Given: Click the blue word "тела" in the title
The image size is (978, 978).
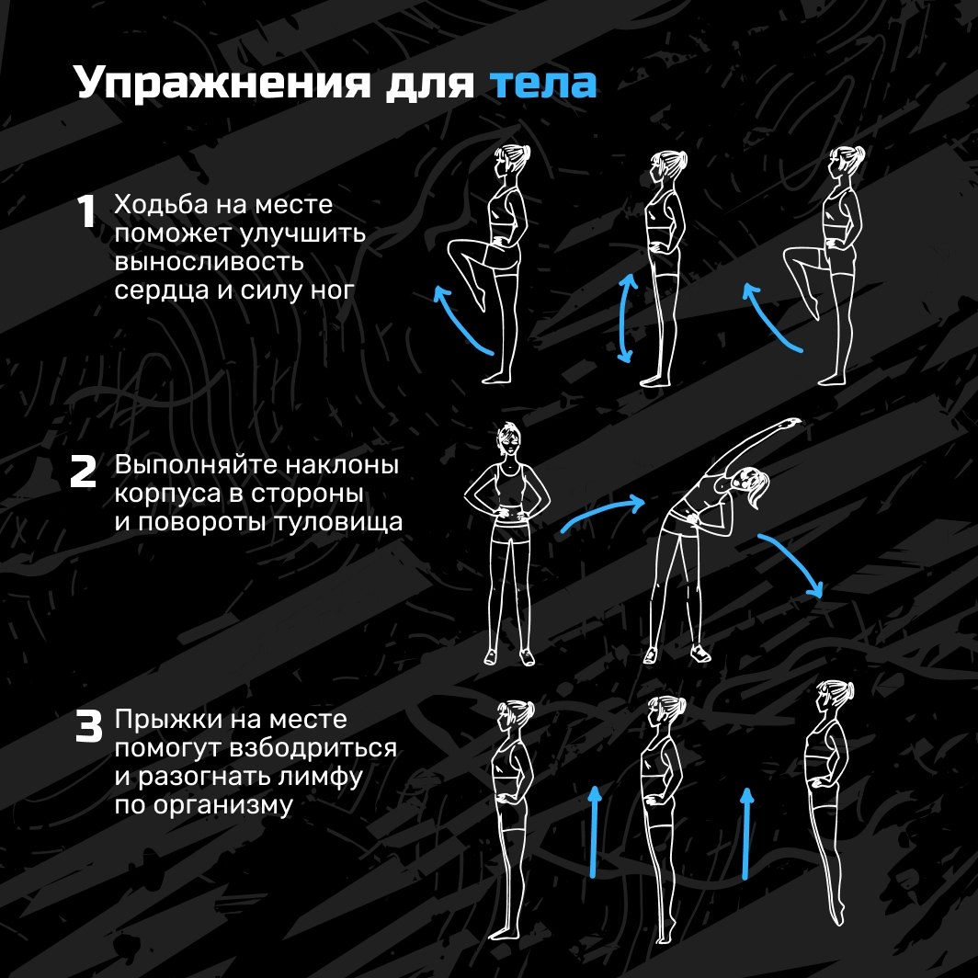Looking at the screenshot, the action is [x=542, y=83].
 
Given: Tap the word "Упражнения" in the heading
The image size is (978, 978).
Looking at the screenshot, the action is [x=222, y=83].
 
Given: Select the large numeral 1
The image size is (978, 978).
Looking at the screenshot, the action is [x=86, y=211].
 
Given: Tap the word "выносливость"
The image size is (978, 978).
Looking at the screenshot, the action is [x=209, y=262].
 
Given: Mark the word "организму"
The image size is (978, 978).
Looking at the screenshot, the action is [x=222, y=806].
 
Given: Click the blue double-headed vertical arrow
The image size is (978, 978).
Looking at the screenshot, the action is [x=626, y=318].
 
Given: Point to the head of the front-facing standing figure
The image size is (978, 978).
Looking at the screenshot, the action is [x=508, y=439].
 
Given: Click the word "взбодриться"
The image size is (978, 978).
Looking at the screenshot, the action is [x=313, y=748].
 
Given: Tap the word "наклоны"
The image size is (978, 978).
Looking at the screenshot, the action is [x=343, y=465].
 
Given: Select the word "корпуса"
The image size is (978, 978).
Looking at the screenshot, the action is [x=167, y=494].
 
